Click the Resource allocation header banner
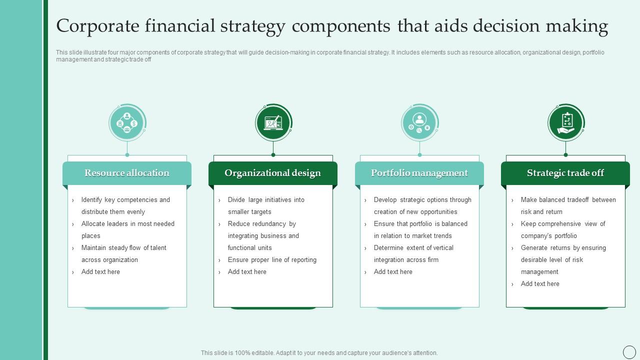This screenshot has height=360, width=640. [127, 173]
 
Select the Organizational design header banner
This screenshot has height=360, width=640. [273, 173]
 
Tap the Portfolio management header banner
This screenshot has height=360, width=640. [419, 173]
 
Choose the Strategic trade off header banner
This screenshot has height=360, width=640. [565, 173]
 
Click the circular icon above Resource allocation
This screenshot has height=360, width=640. [127, 123]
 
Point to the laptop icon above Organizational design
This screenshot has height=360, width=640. [273, 123]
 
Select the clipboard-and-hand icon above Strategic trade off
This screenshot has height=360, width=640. [566, 123]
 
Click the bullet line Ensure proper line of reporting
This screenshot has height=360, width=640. [272, 259]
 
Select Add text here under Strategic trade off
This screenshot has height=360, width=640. [540, 283]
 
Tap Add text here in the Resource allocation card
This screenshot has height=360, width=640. [100, 271]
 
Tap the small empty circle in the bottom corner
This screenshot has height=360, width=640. [629, 352]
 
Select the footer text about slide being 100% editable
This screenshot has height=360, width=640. [319, 353]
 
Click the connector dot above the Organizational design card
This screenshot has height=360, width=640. [273, 155]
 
